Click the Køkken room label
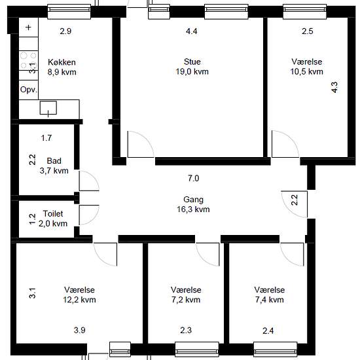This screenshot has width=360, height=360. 62,62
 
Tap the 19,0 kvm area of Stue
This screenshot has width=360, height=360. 192,71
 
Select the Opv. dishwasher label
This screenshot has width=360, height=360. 28,90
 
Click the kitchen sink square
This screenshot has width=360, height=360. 48,108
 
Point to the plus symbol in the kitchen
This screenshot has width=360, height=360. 28,27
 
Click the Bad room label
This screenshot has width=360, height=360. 54,161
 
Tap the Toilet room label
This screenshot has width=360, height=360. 53,214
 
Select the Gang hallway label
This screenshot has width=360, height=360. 193,200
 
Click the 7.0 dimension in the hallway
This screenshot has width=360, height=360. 194,178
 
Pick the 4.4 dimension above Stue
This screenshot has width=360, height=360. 192,31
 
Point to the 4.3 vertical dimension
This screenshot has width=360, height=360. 334,87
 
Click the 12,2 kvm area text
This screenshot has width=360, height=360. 79,300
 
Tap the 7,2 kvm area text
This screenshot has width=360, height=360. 186,300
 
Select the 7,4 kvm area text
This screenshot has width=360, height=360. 270,300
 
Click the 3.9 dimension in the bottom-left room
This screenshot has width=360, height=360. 80,330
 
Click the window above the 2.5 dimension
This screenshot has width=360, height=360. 304,11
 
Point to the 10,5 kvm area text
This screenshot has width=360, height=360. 307,71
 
